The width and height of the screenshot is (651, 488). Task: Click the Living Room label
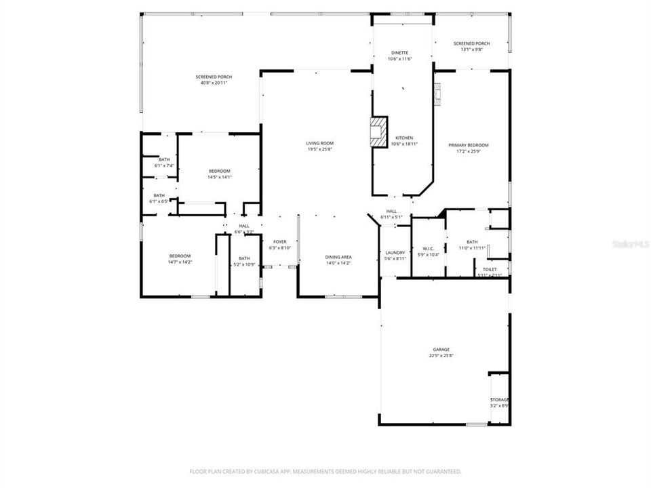(x=319, y=143)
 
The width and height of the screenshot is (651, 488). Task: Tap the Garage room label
(x=441, y=350)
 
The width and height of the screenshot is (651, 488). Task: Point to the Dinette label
(x=400, y=53)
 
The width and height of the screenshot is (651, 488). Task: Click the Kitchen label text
(x=404, y=138)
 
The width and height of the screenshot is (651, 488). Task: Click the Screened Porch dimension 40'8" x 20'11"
(x=214, y=83)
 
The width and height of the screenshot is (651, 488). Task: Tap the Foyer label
(x=280, y=242)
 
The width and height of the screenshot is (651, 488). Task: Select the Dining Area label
(x=338, y=257)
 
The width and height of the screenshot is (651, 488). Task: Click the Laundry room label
(x=395, y=253)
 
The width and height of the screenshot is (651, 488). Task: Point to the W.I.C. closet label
(x=429, y=248)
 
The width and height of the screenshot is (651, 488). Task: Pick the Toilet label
(x=490, y=269)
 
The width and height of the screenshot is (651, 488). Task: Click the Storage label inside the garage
(x=500, y=400)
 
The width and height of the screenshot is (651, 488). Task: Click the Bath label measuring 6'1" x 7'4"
(x=165, y=160)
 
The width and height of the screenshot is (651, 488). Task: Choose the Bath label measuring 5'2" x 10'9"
(x=244, y=258)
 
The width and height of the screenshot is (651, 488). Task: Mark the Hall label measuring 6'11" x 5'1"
(x=391, y=211)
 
